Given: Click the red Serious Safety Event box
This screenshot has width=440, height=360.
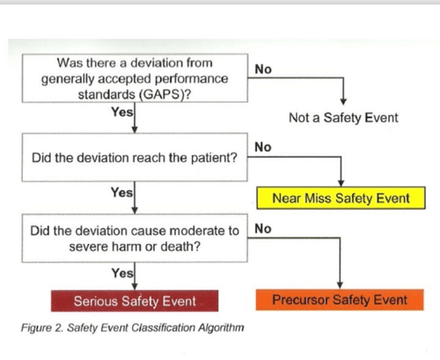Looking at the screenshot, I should click(135, 301).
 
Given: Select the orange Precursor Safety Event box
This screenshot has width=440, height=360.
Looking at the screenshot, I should click(339, 300).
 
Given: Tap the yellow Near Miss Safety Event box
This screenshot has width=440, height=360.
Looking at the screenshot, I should click(341, 198).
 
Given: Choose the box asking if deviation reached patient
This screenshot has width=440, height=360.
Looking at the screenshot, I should click(135, 158).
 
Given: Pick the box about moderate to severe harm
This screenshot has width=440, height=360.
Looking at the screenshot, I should click(135, 238).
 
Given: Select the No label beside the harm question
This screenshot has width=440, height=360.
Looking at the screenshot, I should click(261, 229).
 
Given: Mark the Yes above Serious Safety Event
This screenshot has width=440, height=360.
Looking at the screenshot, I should click(122, 273).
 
